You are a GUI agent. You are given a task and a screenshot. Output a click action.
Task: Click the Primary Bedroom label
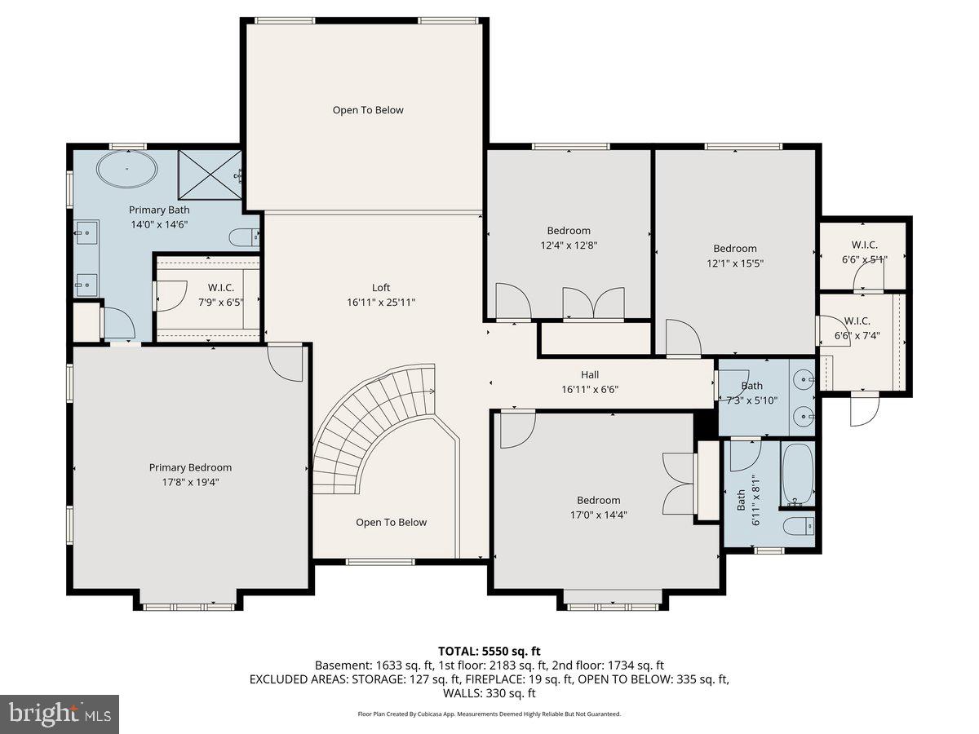pos(190,467)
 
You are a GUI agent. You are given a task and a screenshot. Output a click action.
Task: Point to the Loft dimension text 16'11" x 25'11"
pos(381,302)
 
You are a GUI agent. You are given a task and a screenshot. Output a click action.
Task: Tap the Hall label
pos(589,375)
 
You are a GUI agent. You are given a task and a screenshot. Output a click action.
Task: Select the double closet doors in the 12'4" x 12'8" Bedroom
pos(594,303)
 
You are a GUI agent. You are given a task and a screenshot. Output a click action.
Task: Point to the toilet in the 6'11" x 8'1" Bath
pos(797,526)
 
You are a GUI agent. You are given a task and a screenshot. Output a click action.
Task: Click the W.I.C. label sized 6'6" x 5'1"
pos(864,245)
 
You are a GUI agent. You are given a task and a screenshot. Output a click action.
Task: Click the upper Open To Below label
pos(368,110)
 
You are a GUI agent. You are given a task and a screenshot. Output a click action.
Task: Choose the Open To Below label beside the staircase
pos(391,523)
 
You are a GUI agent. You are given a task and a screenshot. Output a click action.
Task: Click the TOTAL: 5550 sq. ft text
pos(489,651)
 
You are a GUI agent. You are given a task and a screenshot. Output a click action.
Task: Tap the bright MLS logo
pos(60,714)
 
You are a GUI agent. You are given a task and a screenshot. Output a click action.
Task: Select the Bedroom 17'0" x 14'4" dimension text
pos(599,515)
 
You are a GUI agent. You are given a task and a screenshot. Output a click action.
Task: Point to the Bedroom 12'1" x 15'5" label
pos(734,249)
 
